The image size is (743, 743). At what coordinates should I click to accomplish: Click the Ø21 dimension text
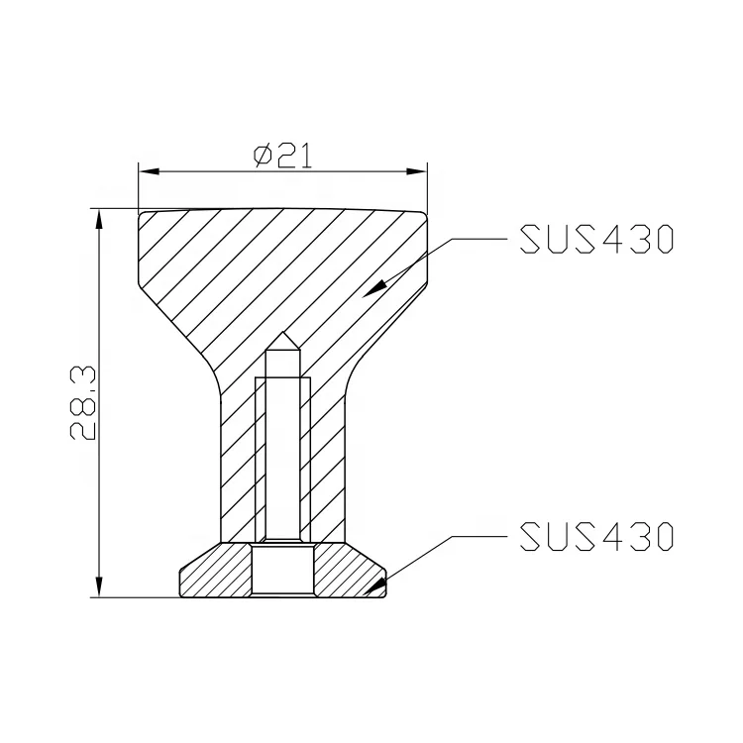[x=282, y=156]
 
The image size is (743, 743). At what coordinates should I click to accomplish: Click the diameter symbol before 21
[x=263, y=156]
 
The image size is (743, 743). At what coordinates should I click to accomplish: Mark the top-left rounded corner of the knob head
[x=143, y=214]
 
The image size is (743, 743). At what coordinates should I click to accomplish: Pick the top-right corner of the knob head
[x=425, y=214]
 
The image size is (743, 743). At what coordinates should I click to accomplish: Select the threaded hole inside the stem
[x=282, y=446]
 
